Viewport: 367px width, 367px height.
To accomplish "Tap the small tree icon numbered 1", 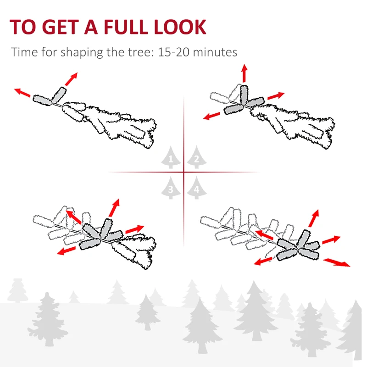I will click(171, 158).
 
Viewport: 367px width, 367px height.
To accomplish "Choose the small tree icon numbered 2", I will click(196, 158).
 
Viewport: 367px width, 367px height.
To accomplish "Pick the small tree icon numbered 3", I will click(171, 188).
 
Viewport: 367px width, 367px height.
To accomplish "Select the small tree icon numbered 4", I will click(196, 188).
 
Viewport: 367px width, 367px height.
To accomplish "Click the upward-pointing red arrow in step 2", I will click(244, 74).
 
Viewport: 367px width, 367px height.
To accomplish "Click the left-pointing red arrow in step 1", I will click(22, 93).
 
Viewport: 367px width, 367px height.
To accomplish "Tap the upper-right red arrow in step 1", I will click(71, 79).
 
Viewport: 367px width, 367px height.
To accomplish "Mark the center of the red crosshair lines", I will click(183, 172).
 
